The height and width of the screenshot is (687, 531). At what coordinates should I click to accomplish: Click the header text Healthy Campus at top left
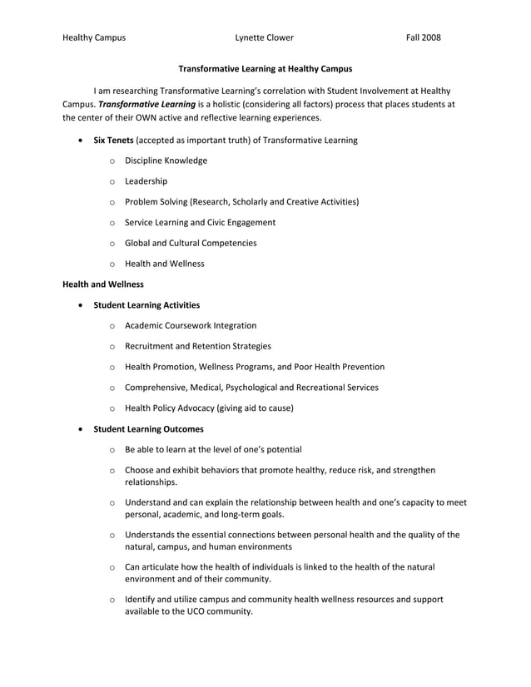94,37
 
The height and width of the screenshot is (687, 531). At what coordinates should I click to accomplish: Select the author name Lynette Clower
264,37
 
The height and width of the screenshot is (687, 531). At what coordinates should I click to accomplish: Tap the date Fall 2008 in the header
423,37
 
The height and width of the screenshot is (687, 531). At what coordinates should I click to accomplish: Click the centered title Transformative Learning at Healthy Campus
265,68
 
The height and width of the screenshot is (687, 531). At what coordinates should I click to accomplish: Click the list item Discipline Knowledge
166,161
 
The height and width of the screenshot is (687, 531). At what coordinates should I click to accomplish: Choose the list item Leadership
146,181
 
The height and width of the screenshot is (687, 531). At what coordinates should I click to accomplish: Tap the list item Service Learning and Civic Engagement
200,222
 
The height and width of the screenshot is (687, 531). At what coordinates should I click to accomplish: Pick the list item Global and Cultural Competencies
191,243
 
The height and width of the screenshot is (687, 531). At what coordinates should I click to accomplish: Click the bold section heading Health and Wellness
103,284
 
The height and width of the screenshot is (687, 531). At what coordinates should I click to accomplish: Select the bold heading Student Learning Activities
146,305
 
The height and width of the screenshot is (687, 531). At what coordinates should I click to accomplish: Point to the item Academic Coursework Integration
191,325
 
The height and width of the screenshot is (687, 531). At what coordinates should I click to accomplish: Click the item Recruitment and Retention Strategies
197,346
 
